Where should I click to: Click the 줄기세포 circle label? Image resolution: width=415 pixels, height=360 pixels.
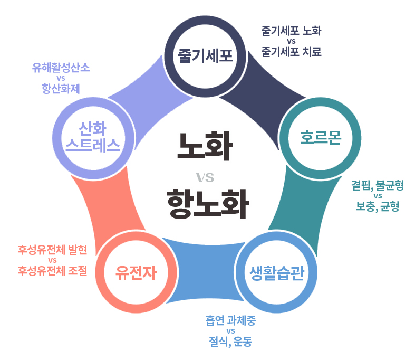point(205,55)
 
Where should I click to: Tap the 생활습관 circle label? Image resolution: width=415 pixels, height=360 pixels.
point(276,273)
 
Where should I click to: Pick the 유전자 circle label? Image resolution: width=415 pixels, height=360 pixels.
point(137,272)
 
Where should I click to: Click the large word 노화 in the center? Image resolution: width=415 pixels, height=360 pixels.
point(205,146)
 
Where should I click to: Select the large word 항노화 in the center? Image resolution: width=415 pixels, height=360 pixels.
point(206,204)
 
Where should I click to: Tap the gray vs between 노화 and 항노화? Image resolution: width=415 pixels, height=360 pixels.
point(205,176)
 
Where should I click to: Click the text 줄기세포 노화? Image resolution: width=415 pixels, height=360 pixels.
point(291,31)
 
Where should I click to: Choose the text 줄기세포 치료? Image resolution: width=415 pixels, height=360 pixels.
point(291,52)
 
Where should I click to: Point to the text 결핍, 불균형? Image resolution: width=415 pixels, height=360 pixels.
point(378,185)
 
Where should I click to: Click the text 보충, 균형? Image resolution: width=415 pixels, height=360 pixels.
point(378,207)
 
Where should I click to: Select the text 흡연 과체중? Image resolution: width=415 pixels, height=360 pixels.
point(230,320)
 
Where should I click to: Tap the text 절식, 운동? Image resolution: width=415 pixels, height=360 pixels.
point(230,342)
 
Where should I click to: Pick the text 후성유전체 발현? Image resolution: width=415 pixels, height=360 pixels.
point(52,249)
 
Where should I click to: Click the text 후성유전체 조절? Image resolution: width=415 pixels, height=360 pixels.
point(52,271)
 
